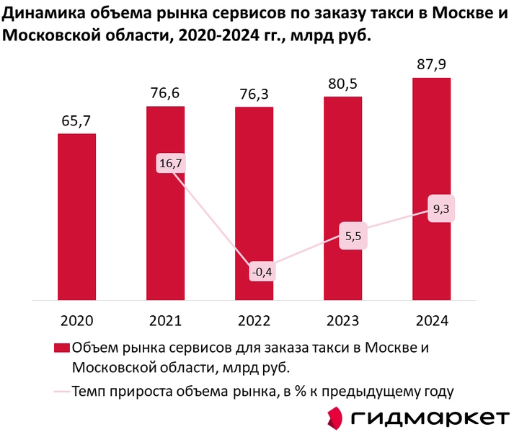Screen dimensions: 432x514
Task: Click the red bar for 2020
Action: (76, 216)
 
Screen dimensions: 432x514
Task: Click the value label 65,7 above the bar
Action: (76, 120)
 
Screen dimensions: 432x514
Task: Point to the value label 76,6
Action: (165, 93)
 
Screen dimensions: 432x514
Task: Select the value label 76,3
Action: (254, 94)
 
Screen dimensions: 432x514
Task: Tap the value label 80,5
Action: (343, 84)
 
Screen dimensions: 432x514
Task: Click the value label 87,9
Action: (432, 65)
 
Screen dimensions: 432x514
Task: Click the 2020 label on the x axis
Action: (76, 319)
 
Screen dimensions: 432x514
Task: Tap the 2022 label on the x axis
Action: (254, 319)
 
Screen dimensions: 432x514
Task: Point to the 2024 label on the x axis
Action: (432, 319)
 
